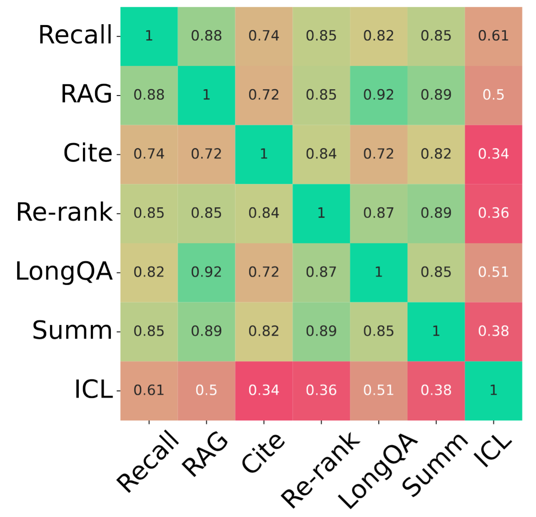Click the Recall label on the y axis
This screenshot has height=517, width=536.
(x=75, y=35)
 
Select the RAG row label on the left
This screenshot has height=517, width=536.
(x=87, y=94)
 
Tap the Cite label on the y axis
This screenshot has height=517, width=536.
(x=88, y=153)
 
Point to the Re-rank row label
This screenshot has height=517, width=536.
(x=65, y=213)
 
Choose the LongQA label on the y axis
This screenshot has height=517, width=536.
(x=64, y=272)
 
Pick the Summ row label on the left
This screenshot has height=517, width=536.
(x=72, y=331)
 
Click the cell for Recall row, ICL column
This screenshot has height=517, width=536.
(x=494, y=36)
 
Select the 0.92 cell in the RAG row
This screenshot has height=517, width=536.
(x=379, y=95)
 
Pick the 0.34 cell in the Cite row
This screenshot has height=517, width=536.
(x=494, y=154)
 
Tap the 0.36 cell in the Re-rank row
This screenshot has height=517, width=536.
(x=494, y=213)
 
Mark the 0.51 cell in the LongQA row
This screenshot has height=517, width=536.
(x=494, y=272)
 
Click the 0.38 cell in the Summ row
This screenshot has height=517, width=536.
(x=494, y=331)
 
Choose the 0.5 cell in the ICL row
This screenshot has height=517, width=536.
(x=207, y=391)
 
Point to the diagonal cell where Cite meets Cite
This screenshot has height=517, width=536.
(x=264, y=154)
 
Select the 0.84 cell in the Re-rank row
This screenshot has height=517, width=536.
(x=264, y=213)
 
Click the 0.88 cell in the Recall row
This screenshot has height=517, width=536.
(x=207, y=36)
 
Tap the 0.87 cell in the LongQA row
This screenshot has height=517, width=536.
(x=321, y=272)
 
